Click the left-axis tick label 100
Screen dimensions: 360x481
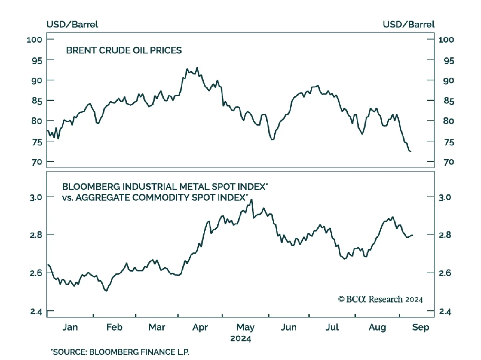click(34, 40)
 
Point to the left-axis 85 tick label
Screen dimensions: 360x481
click(37, 101)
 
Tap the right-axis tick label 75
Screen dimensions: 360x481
click(449, 142)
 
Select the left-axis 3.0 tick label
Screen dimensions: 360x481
click(36, 197)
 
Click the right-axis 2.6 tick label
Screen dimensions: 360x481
click(445, 273)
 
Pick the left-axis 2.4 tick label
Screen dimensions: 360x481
click(36, 311)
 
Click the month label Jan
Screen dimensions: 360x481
click(70, 327)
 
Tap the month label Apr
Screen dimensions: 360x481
click(200, 327)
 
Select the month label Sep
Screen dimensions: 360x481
click(420, 327)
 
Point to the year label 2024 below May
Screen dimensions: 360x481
click(240, 339)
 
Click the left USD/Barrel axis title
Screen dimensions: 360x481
click(72, 24)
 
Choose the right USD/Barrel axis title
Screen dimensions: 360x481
click(409, 24)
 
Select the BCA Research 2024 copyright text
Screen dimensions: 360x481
click(380, 299)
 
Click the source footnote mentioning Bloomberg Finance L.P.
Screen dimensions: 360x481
click(120, 352)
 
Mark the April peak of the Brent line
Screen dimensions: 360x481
click(197, 68)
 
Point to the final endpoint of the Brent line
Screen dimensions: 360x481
click(411, 151)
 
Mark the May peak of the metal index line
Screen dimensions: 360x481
click(251, 199)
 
